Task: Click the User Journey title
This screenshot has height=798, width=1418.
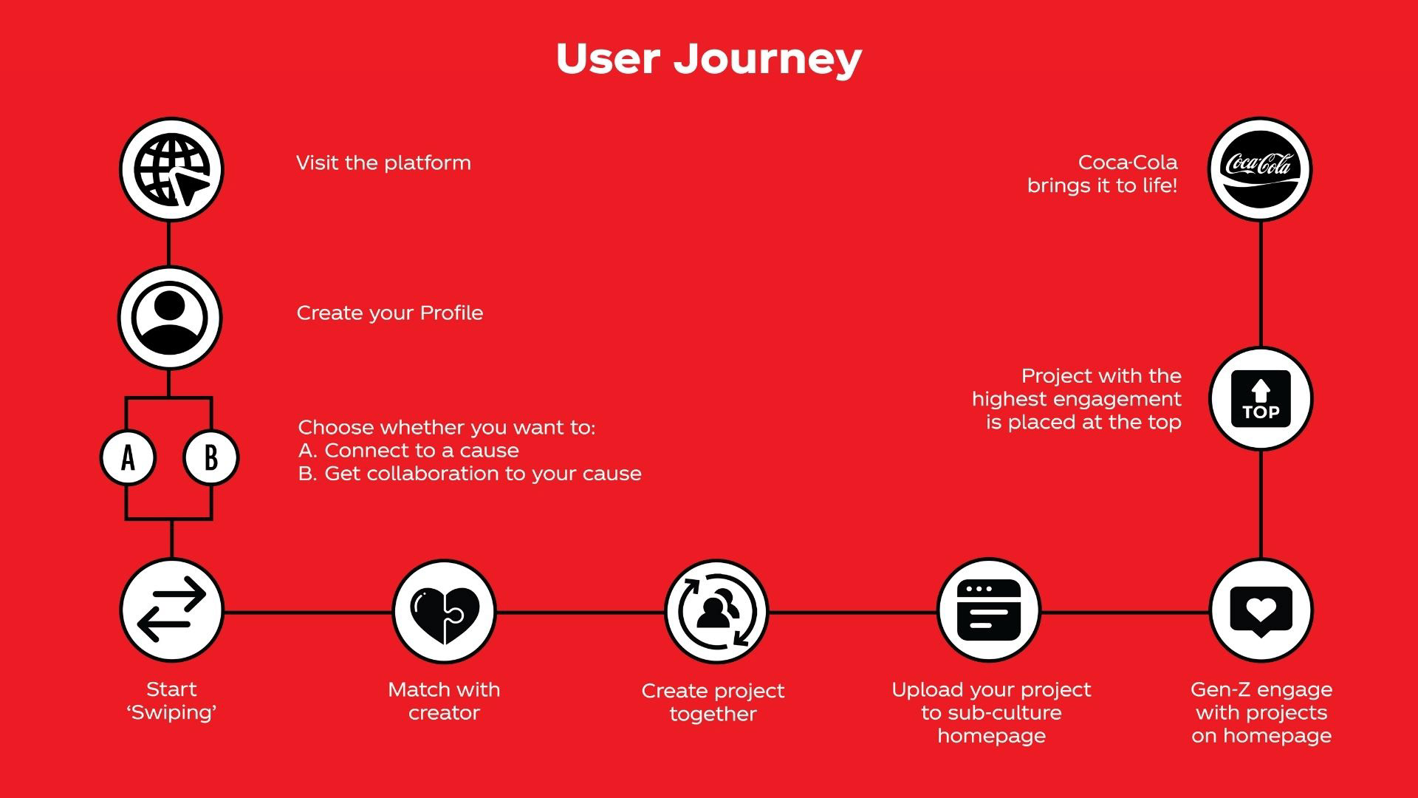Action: pos(708,59)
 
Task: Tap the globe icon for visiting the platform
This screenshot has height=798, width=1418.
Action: pos(171,170)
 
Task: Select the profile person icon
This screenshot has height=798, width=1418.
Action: pos(170,318)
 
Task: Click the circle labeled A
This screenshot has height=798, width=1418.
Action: pos(128,457)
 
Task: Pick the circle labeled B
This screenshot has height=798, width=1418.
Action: pos(210,457)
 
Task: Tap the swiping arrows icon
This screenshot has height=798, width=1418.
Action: pos(171,610)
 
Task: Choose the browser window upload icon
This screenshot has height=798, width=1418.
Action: pos(988,610)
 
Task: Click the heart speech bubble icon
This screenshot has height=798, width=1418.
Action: pos(1261,610)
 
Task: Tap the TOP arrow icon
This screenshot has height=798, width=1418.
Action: pos(1261,399)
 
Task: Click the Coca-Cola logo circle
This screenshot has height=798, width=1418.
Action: pos(1259,169)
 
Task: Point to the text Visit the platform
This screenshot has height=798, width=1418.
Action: pos(383,163)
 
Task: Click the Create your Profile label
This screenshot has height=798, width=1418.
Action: pos(389,313)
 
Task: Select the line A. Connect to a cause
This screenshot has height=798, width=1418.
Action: pos(408,451)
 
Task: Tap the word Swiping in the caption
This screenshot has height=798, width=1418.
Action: pos(171,712)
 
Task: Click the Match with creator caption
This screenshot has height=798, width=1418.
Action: pos(444,701)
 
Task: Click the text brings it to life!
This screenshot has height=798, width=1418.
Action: pos(1102,185)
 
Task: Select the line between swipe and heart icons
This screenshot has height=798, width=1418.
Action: pos(307,612)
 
